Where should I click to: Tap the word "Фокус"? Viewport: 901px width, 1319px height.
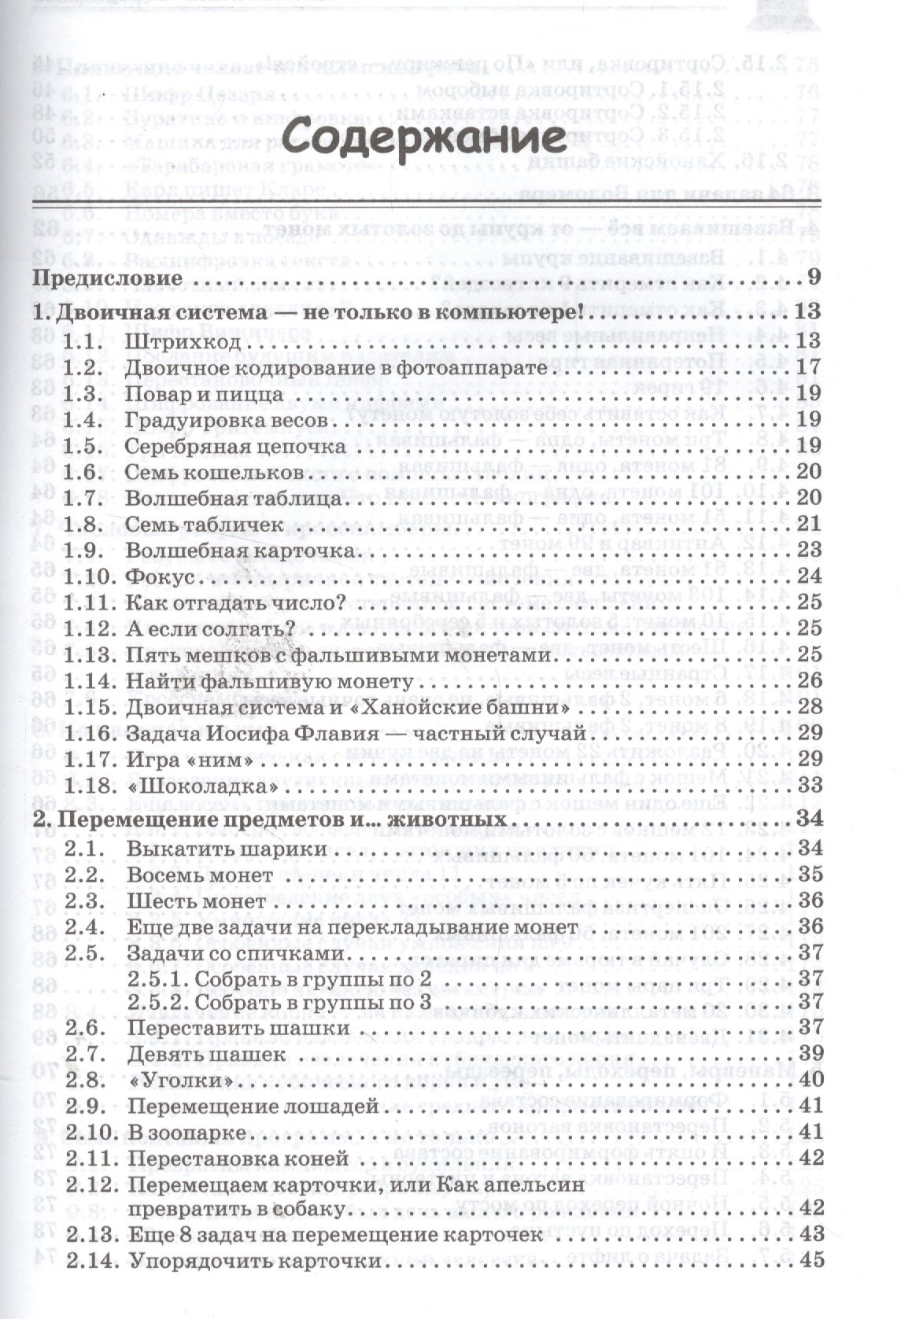point(160,577)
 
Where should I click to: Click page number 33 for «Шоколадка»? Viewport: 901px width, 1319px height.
point(809,784)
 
